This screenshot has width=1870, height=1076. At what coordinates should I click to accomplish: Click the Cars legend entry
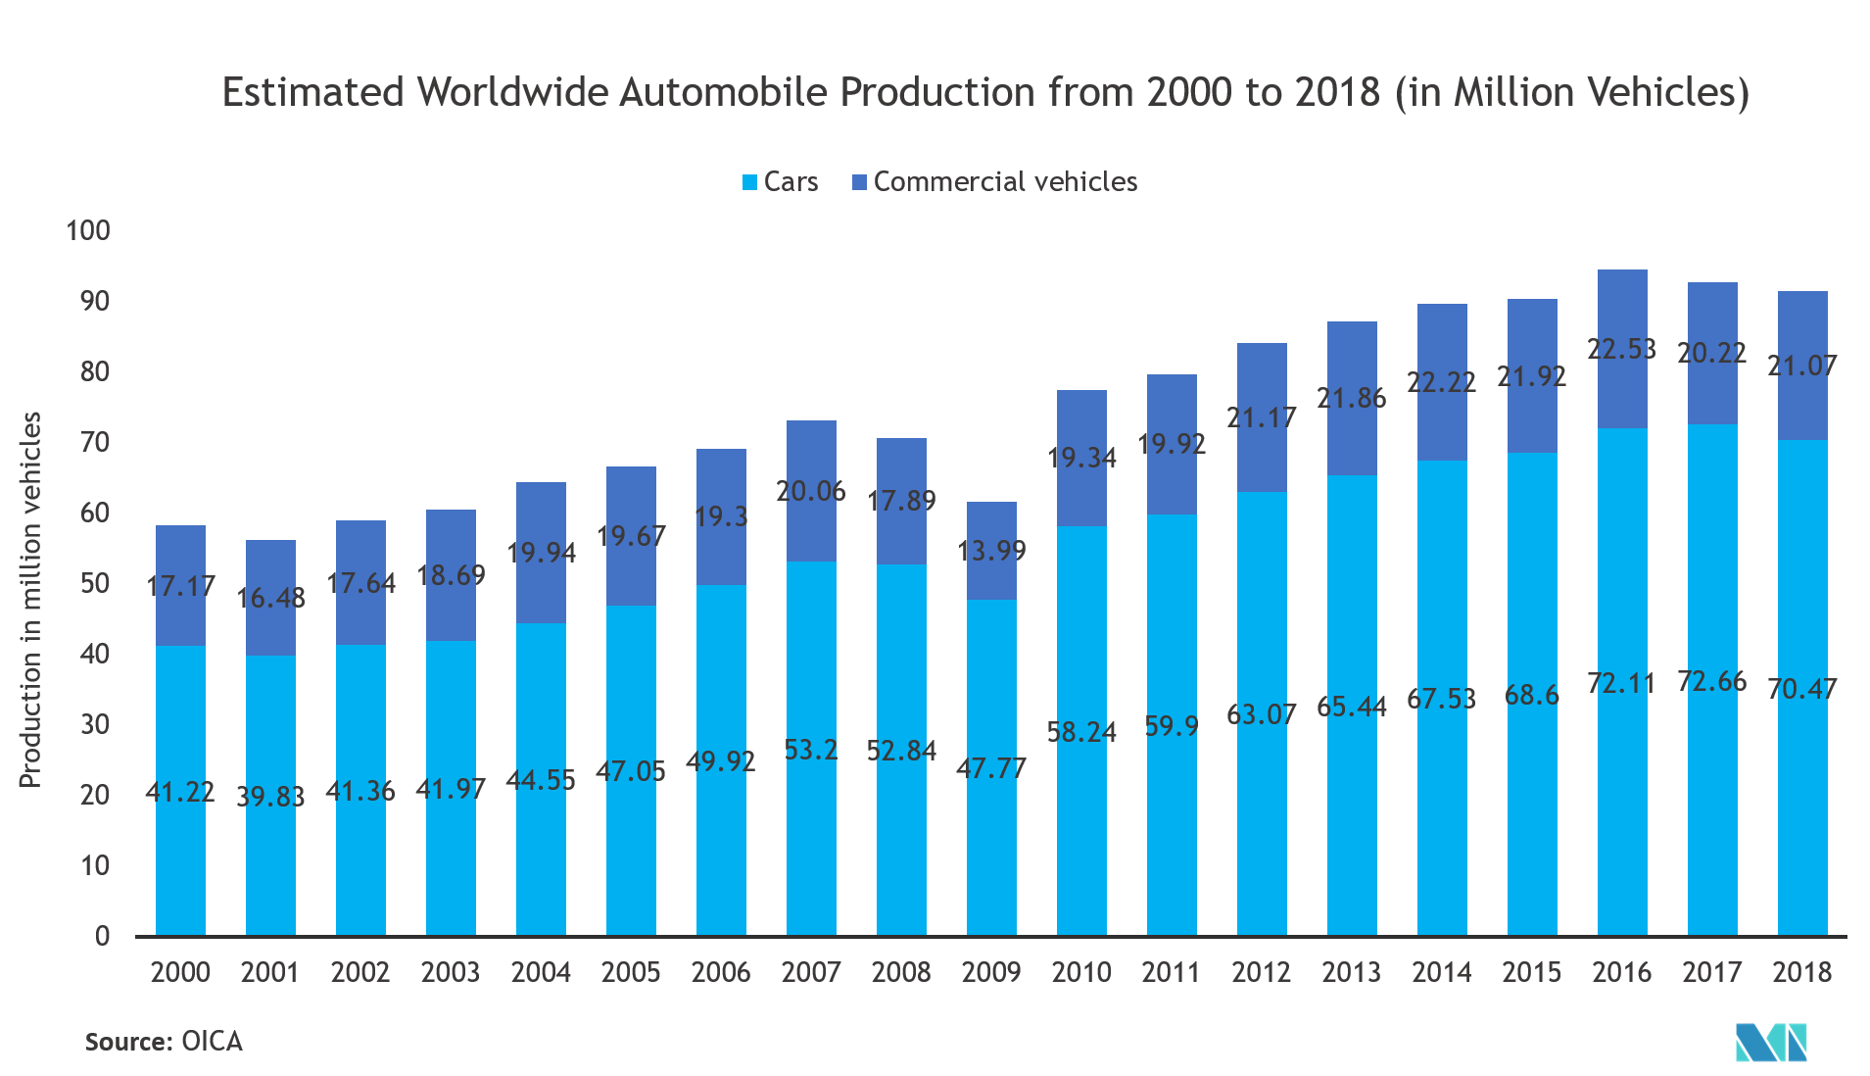(781, 182)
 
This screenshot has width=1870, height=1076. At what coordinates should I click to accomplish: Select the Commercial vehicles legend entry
(995, 182)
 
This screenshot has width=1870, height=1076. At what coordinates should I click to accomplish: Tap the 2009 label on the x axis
(991, 972)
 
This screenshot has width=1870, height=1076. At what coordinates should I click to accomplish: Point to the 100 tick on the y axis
(88, 231)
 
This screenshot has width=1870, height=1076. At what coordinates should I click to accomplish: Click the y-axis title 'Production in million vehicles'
(30, 599)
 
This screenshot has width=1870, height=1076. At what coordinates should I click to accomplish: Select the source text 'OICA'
(212, 1041)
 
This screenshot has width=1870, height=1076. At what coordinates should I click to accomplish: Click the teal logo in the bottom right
(1771, 1042)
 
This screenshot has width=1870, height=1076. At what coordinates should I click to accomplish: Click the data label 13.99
(991, 551)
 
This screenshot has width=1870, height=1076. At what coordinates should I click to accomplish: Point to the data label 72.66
(1711, 681)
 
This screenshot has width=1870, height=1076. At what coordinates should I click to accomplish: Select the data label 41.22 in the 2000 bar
(180, 792)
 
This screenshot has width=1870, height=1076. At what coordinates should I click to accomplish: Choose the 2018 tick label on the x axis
(1801, 972)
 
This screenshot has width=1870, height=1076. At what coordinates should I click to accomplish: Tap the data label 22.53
(1621, 349)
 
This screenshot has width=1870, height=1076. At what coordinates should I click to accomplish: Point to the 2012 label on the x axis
(1261, 972)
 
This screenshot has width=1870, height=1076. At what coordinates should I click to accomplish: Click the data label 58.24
(1081, 732)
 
